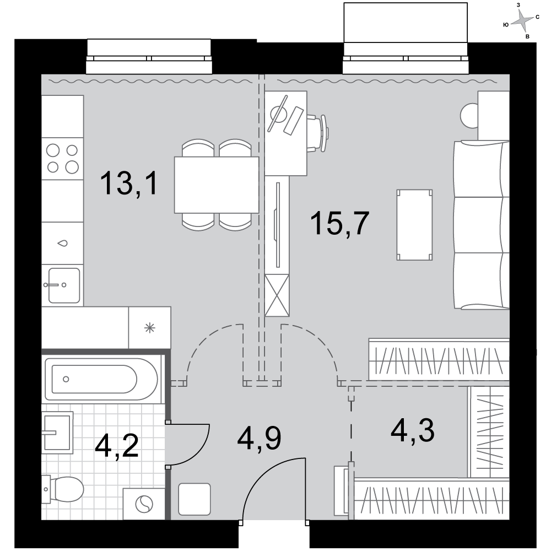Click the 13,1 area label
(129, 183)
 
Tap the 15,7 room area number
(340, 223)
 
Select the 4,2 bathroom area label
(116, 446)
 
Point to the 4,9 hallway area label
(259, 439)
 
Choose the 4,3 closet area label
(413, 431)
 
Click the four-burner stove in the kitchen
(63, 159)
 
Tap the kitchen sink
(63, 285)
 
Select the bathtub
(101, 379)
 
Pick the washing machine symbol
(144, 504)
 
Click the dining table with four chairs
(217, 185)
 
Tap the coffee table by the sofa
(415, 225)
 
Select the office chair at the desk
(318, 133)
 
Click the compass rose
(522, 21)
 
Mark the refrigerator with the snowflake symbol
(150, 328)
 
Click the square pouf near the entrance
(195, 499)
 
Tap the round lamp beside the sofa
(469, 116)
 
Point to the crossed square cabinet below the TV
(277, 295)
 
